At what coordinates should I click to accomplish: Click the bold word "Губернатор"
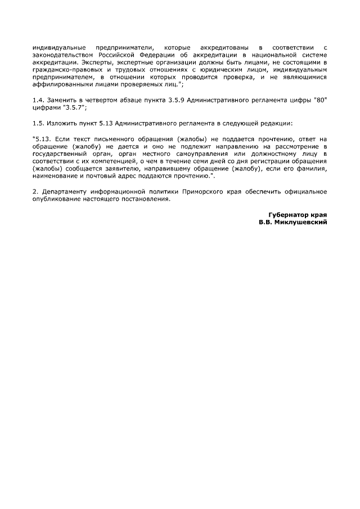(x=289, y=214)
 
